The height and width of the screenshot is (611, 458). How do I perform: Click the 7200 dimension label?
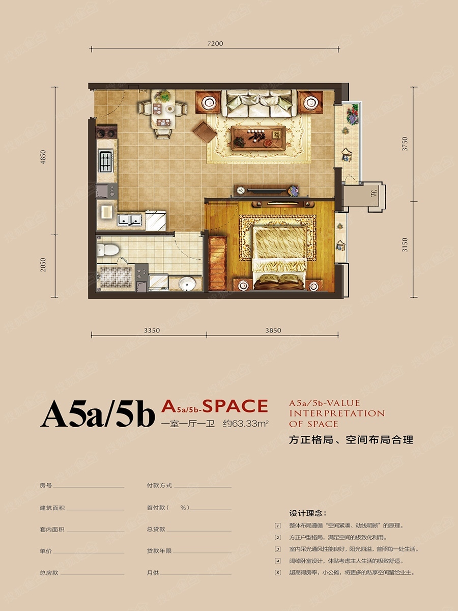click(215, 44)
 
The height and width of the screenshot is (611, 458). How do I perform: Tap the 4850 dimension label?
click(43, 157)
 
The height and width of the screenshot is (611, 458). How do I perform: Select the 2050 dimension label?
click(43, 265)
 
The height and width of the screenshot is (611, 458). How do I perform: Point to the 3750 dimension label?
click(405, 144)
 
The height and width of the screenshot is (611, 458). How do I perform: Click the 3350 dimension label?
click(152, 330)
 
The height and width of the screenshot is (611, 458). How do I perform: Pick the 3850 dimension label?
click(273, 330)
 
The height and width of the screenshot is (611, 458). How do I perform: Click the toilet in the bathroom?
click(107, 249)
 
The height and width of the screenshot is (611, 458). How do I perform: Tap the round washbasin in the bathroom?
click(187, 284)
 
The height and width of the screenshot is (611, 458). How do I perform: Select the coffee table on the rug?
click(259, 138)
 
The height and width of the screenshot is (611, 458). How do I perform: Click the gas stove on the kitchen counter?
click(106, 161)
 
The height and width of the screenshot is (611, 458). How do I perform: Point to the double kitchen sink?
click(129, 220)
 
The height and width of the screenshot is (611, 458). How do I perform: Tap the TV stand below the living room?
click(266, 190)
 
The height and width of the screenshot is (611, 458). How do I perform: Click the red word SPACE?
click(235, 406)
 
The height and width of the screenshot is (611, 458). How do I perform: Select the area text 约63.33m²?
click(246, 424)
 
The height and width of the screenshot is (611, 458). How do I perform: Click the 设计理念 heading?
click(308, 513)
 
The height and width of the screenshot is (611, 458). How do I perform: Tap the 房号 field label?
click(46, 485)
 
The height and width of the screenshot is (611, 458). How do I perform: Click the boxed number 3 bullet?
click(278, 549)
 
